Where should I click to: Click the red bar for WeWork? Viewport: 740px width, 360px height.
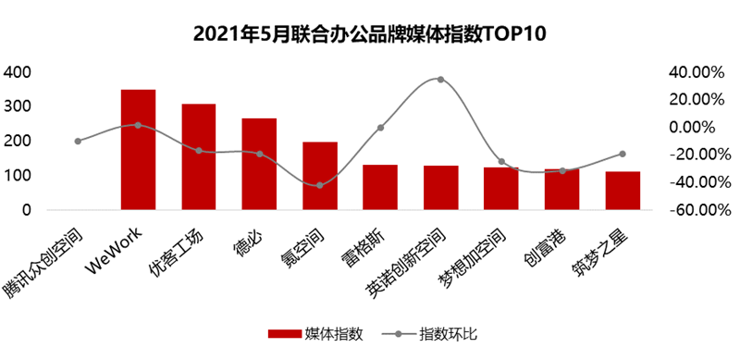coord(138,150)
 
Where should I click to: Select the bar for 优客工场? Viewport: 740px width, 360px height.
coord(198,157)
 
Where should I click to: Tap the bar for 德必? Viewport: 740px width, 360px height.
coord(259,165)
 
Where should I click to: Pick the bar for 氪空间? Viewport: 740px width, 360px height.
coord(319,176)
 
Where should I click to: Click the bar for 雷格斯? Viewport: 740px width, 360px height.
coord(379,188)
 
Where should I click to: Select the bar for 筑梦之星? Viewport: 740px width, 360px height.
coord(623,191)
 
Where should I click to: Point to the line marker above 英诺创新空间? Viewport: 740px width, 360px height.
coord(440,80)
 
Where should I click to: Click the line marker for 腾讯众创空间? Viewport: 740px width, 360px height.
coord(78,141)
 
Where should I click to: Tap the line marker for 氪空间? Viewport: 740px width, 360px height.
coord(319,185)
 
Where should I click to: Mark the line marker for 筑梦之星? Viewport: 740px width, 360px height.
coord(623,154)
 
